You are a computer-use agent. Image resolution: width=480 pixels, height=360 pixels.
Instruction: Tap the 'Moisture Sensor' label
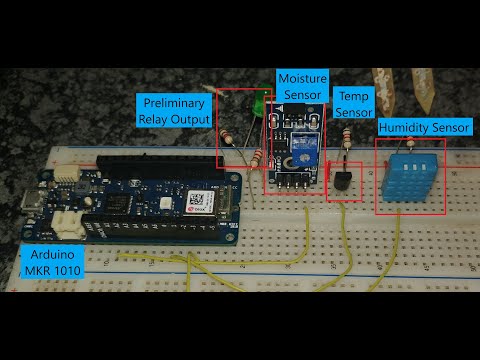click(302, 86)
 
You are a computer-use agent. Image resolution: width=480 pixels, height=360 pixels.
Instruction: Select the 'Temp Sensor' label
click(354, 104)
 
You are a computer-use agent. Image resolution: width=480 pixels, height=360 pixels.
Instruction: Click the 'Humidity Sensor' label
click(423, 128)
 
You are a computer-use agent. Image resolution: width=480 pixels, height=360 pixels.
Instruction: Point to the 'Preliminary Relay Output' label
click(175, 111)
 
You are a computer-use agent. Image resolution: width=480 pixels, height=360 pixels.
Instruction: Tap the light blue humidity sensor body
click(410, 177)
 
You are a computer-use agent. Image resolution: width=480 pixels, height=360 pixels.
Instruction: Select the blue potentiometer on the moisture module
click(306, 151)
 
